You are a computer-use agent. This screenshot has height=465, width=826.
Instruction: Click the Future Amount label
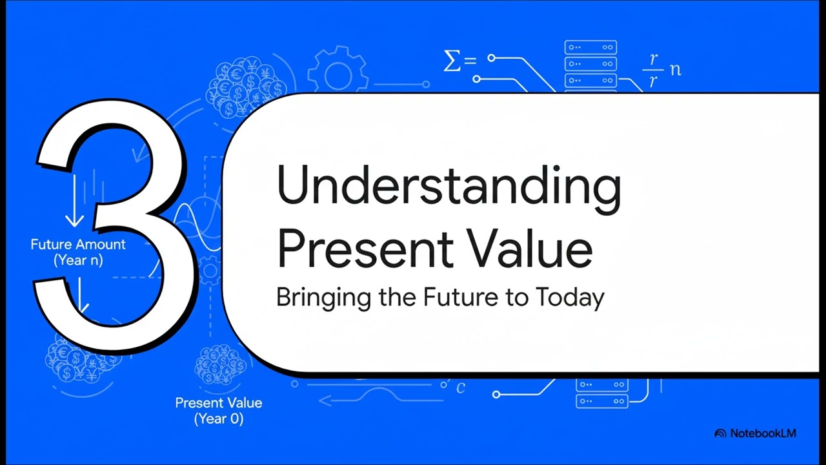tap(78, 245)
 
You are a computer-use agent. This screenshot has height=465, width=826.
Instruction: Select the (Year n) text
tap(78, 261)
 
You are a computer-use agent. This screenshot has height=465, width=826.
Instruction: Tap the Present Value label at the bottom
tap(219, 403)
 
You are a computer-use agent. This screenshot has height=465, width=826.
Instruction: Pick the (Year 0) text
tap(219, 419)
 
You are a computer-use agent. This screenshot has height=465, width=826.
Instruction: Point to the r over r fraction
tap(653, 70)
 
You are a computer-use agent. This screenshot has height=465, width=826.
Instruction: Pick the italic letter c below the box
tap(461, 388)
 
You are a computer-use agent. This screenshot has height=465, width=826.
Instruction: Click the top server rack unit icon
tap(590, 48)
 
